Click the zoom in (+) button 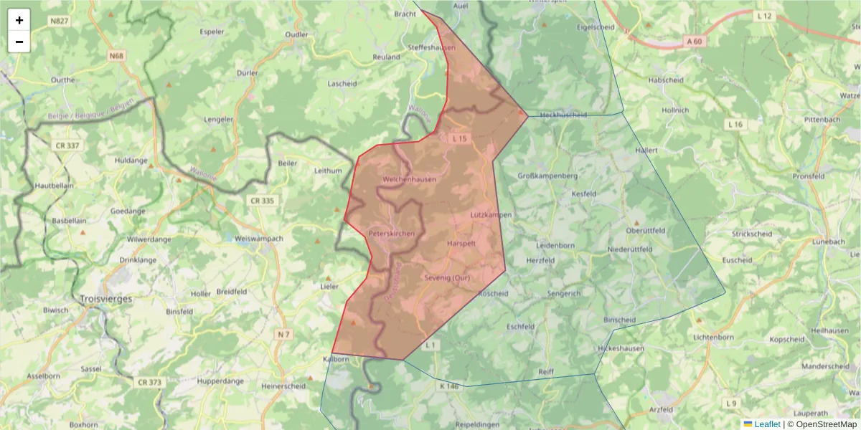[x=19, y=20]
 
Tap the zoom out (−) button [x=19, y=42]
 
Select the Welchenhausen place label [x=410, y=179]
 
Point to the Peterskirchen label [x=391, y=234]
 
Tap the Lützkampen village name [x=491, y=215]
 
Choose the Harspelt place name [x=461, y=244]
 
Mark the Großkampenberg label [x=547, y=176]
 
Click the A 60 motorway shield [x=693, y=42]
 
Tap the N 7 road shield [x=284, y=335]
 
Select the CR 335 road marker [x=263, y=201]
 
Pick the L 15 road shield [x=460, y=138]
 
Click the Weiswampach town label [x=260, y=238]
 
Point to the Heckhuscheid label [x=563, y=115]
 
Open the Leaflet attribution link [x=766, y=424]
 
